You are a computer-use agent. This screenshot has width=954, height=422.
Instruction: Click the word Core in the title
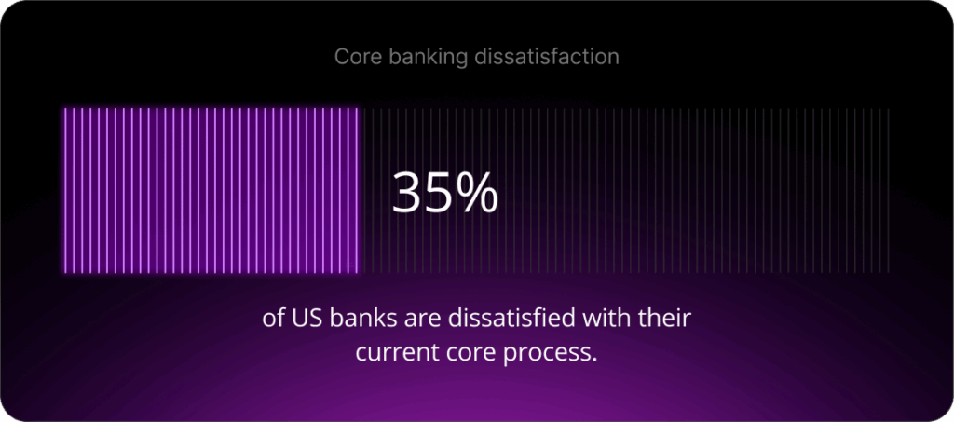(x=354, y=57)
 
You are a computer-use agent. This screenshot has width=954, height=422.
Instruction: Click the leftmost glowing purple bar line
(x=64, y=191)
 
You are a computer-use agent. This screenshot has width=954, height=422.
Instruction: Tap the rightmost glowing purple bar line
(x=358, y=191)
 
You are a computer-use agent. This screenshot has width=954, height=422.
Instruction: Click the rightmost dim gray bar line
(x=889, y=191)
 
